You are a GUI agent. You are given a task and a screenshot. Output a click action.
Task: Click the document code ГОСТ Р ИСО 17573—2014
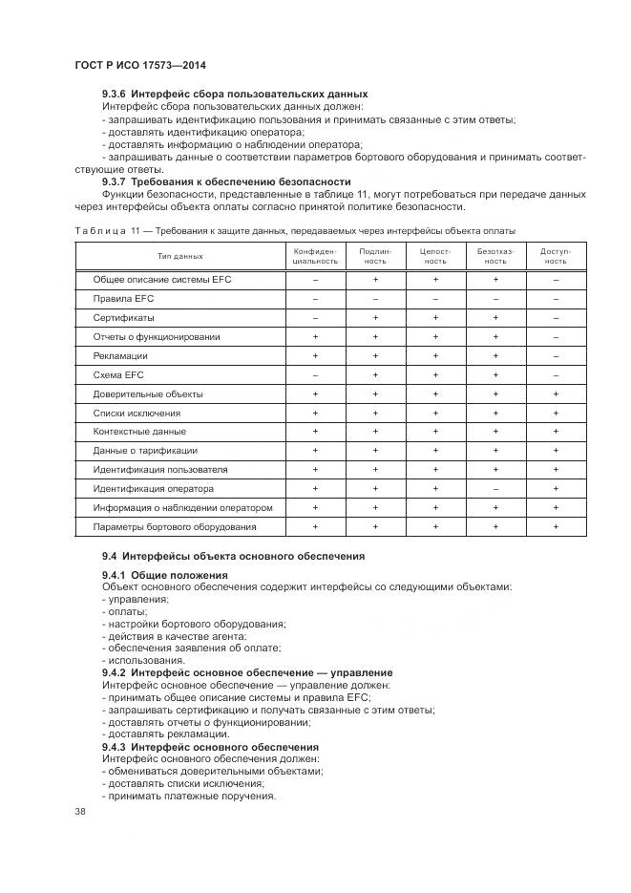pyautogui.click(x=140, y=65)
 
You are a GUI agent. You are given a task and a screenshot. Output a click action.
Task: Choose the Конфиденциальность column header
pyautogui.click(x=315, y=256)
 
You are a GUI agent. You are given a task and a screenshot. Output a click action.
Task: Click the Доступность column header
pyautogui.click(x=556, y=256)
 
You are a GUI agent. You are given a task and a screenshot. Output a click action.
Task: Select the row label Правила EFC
pyautogui.click(x=116, y=299)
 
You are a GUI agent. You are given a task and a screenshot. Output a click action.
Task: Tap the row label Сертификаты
pyautogui.click(x=123, y=318)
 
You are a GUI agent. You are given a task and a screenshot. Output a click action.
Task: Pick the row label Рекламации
pyautogui.click(x=119, y=356)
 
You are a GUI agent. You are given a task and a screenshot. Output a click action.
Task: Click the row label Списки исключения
pyautogui.click(x=137, y=414)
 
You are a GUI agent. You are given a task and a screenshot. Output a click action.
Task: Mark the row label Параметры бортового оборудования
pyautogui.click(x=174, y=527)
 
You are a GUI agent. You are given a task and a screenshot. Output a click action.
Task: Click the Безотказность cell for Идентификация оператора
pyautogui.click(x=494, y=489)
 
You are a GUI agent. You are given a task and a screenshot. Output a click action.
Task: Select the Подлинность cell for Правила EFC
pyautogui.click(x=375, y=299)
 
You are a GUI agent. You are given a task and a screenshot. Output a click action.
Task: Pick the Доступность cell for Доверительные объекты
pyautogui.click(x=556, y=394)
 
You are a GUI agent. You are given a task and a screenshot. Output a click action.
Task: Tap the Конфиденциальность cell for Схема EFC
pyautogui.click(x=315, y=375)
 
